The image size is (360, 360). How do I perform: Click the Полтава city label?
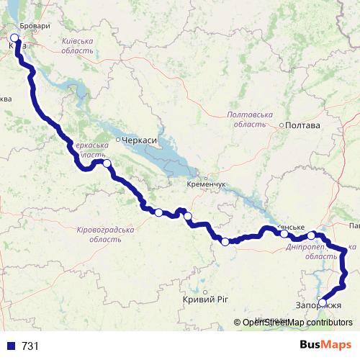click(303, 125)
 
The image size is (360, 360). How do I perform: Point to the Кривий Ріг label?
click(201, 299)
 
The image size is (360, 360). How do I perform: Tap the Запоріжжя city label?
click(318, 306)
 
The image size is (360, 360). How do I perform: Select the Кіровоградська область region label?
click(104, 233)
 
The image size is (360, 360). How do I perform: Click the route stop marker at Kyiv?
click(14, 37)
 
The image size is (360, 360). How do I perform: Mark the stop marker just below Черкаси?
click(107, 163)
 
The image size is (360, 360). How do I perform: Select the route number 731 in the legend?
click(30, 346)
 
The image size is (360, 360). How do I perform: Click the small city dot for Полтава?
click(282, 125)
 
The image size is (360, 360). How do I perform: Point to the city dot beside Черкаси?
click(117, 140)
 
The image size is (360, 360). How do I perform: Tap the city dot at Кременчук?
click(205, 176)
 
